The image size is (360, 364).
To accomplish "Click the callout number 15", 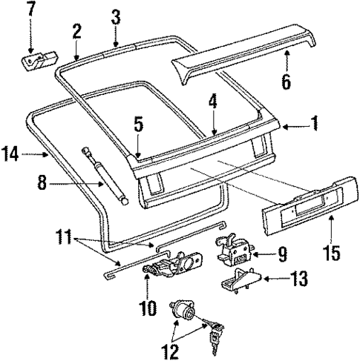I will click(x=331, y=251).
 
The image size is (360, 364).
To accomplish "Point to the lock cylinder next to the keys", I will click(x=182, y=311).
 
